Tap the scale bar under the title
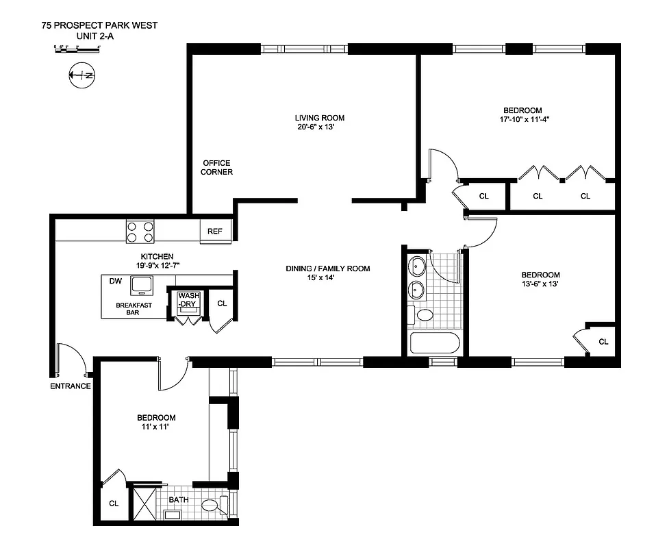pos(77,48)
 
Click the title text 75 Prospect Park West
pos(99,26)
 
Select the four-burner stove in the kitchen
pos(140,231)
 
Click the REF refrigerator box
pos(215,232)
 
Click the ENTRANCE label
pos(71,386)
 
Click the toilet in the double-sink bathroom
pos(424,316)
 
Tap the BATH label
pos(179,500)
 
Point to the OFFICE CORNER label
pos(216,167)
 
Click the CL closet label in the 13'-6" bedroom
pos(603,342)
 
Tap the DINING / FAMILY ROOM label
pos(327,269)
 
